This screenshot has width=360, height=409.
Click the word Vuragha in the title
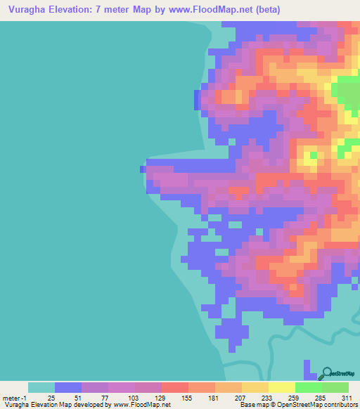pyautogui.click(x=30, y=9)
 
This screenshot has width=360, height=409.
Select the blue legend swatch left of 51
pyautogui.click(x=68, y=387)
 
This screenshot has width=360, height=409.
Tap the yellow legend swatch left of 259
pyautogui.click(x=281, y=387)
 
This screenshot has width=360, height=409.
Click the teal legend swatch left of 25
pyautogui.click(x=41, y=387)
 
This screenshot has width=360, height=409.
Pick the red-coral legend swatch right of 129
pyautogui.click(x=174, y=387)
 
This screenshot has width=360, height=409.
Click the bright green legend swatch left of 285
pyautogui.click(x=308, y=387)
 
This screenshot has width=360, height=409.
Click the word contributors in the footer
pyautogui.click(x=341, y=405)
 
